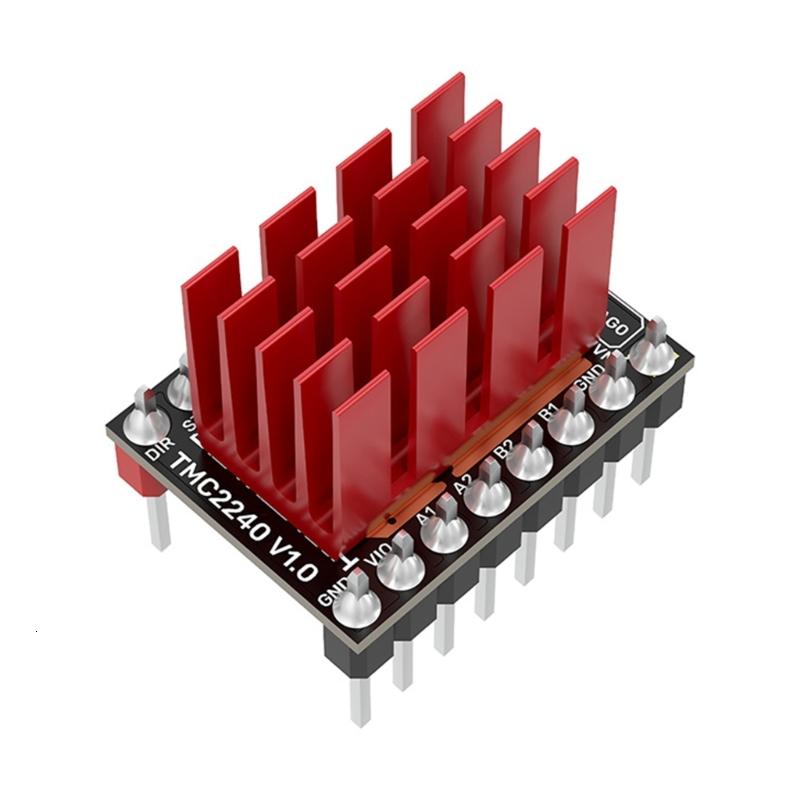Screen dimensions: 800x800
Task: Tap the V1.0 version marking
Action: click(x=290, y=555)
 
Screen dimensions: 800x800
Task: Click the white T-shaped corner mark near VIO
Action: click(x=349, y=559)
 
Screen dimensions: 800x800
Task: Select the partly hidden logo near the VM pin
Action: click(x=618, y=325)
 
